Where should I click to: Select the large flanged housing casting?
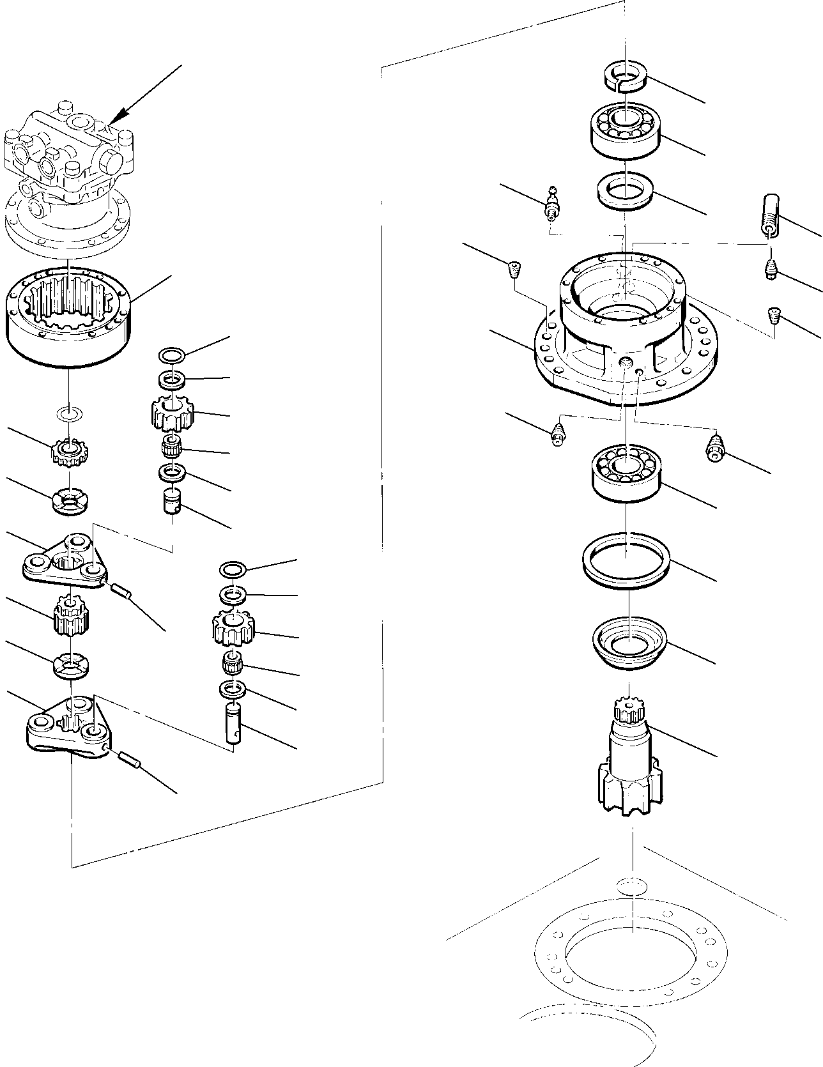pyautogui.click(x=623, y=332)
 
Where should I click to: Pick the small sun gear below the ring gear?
pyautogui.click(x=69, y=452)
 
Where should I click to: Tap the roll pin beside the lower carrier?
pyautogui.click(x=130, y=760)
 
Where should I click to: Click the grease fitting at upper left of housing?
pyautogui.click(x=551, y=201)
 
